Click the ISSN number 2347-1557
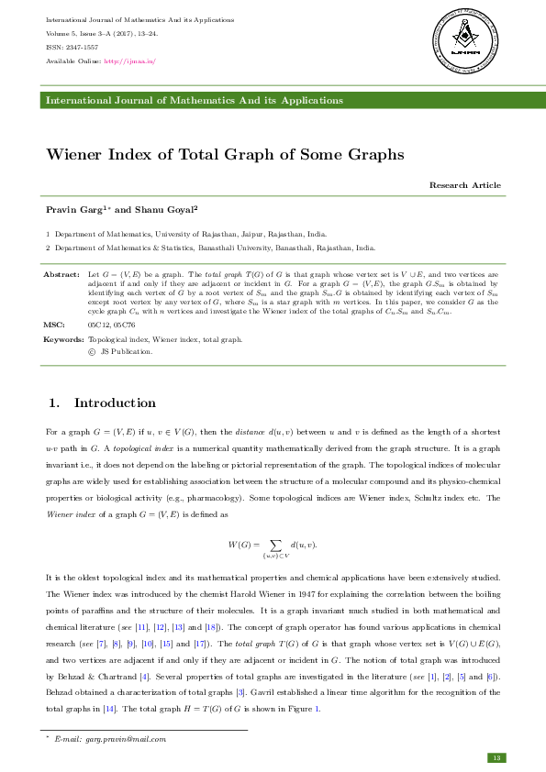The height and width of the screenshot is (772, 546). [79, 48]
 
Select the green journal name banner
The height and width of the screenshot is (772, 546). [273, 100]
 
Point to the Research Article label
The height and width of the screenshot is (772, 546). [465, 185]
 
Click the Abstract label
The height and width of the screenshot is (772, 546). [61, 274]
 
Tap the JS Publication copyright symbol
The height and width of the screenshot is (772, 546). [91, 351]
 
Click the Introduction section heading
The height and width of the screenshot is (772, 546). [115, 403]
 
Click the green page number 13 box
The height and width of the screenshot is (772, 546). [496, 757]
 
